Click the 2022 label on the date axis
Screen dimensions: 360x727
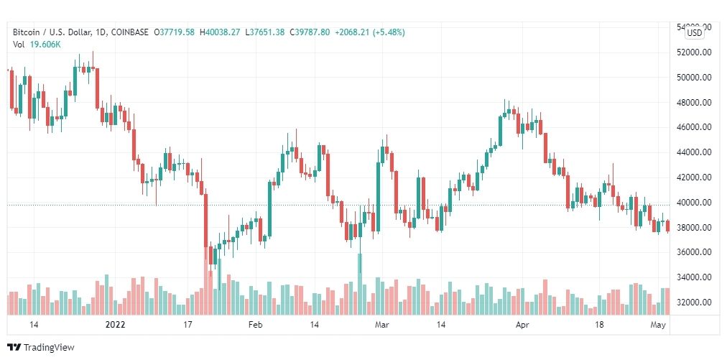coord(115,325)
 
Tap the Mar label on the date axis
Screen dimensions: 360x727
coord(382,325)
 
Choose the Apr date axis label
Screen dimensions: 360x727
coord(523,325)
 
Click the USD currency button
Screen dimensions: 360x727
coord(695,32)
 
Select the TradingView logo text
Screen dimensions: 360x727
coord(49,348)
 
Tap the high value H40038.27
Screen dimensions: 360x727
coord(221,32)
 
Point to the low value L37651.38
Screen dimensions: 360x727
coord(265,32)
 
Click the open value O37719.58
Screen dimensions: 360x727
coord(175,32)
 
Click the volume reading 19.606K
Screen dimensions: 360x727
coord(46,45)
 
